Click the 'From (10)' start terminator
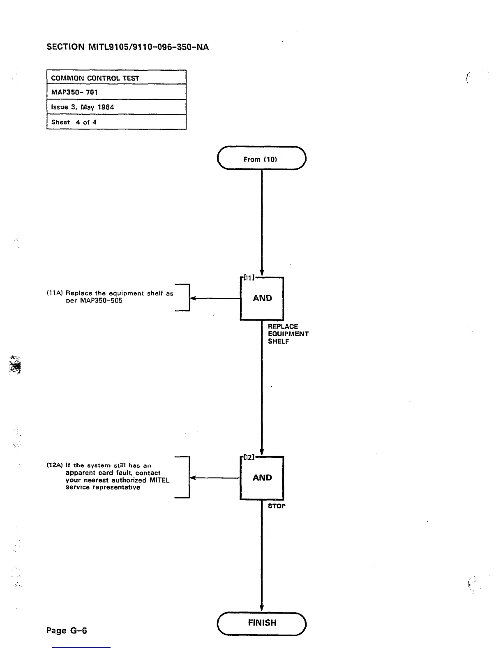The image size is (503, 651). (261, 158)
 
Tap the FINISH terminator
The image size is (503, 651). (262, 623)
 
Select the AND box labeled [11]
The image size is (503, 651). (262, 299)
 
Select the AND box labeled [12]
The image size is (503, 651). (262, 478)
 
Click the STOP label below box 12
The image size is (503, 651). (277, 506)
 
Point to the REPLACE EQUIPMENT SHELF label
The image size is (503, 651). (288, 334)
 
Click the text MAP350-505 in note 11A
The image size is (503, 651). (94, 300)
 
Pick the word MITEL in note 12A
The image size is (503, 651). (159, 480)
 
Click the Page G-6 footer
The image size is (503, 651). (67, 630)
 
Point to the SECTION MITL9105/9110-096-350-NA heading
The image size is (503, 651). (128, 47)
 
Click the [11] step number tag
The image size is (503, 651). (249, 277)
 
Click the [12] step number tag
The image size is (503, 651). (249, 457)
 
